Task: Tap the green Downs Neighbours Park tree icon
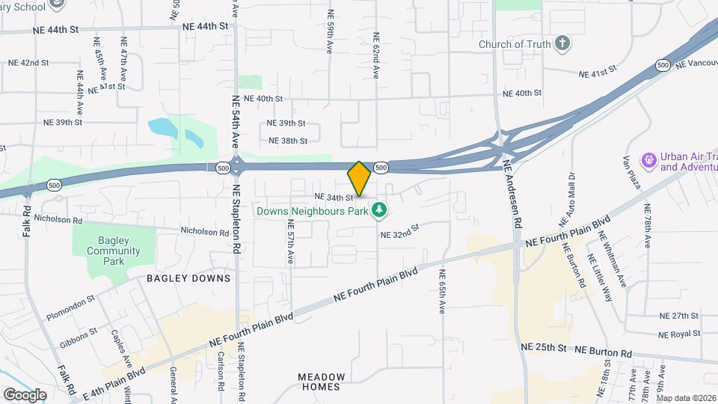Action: pos(380,210)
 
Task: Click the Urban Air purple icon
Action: pos(648,159)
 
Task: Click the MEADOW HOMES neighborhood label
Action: pos(322,382)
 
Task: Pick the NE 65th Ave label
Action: pos(442,291)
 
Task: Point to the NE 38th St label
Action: pos(288,141)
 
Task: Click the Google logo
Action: pos(25,394)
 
